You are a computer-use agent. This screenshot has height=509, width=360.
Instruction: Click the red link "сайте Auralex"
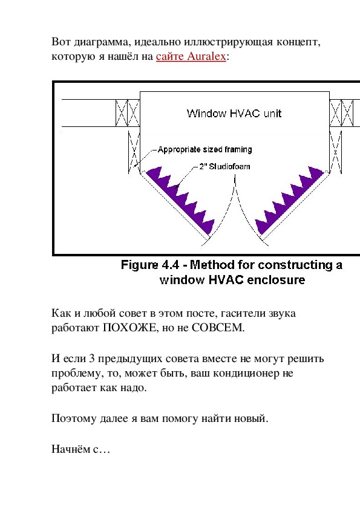point(191,56)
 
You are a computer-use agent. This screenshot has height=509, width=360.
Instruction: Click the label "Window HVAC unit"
point(234,113)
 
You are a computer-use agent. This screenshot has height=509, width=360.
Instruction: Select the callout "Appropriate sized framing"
point(205,149)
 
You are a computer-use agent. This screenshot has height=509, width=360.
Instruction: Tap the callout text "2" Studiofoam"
point(224,166)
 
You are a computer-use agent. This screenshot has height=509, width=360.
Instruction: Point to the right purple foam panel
point(290,200)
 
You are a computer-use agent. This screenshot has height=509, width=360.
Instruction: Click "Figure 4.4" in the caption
point(150,265)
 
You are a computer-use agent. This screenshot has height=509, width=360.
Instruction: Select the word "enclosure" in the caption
point(276,280)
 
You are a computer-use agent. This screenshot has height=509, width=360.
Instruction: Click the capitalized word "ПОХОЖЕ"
point(129,328)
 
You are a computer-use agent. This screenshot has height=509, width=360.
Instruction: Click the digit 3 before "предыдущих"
point(91,358)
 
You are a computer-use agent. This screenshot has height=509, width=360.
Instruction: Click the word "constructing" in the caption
point(295,265)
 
